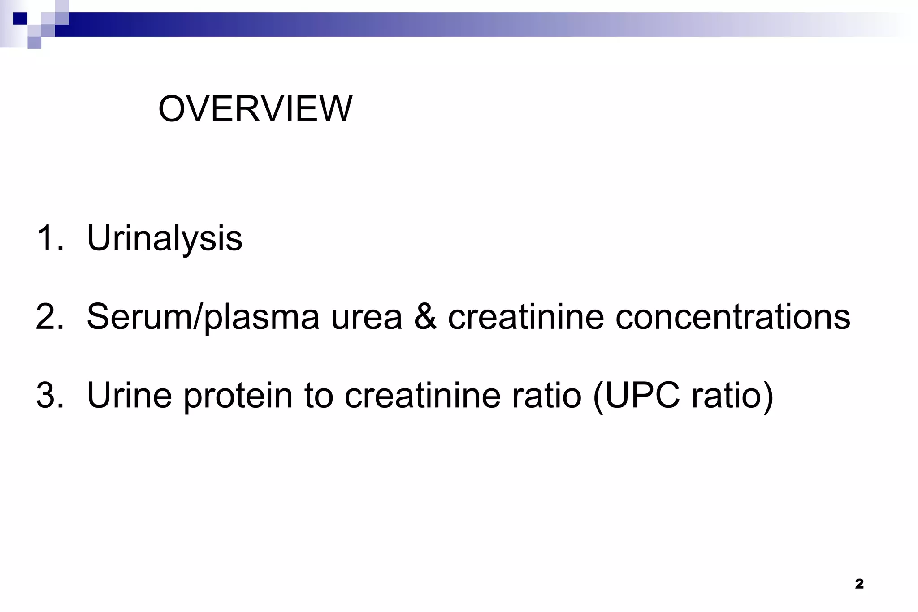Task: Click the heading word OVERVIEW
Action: pyautogui.click(x=255, y=109)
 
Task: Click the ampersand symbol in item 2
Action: pyautogui.click(x=425, y=317)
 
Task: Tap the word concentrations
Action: pyautogui.click(x=732, y=317)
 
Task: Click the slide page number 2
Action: pyautogui.click(x=859, y=584)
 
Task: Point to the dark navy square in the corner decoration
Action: pyautogui.click(x=20, y=18)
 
